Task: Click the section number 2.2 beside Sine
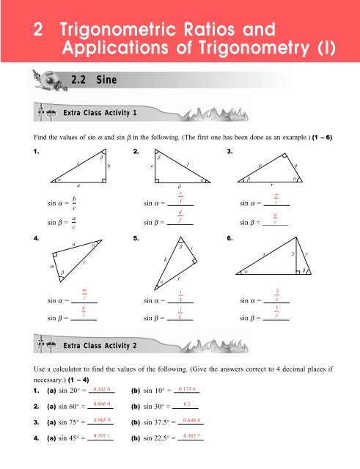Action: tap(80, 78)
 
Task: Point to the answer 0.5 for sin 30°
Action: tap(187, 404)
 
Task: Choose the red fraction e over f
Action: tap(180, 197)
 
